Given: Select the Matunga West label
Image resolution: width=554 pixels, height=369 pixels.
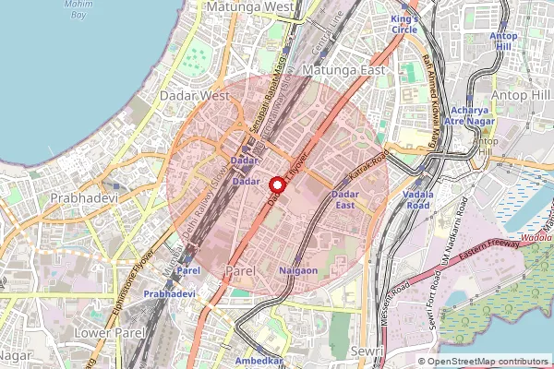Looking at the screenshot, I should (250, 6).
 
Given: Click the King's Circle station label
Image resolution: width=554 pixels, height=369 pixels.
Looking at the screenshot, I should (404, 23).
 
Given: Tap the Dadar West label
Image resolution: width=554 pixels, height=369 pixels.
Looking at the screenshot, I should (194, 95).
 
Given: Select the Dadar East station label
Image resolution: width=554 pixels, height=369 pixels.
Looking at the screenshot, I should (344, 199).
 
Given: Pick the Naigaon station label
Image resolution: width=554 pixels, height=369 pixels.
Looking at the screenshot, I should (298, 270).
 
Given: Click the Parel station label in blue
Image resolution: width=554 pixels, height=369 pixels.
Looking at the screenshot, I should (188, 271).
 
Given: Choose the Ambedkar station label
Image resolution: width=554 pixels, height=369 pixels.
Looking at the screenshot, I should (259, 361).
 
